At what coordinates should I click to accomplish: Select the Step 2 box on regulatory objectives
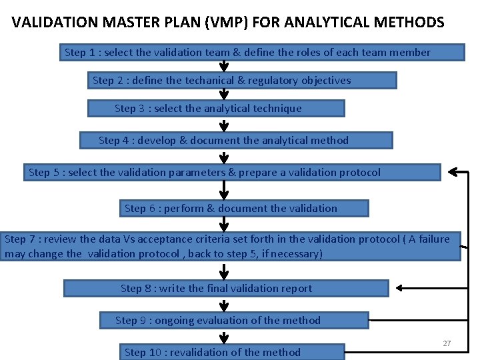tap(243, 81)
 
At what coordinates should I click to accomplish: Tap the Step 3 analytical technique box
tap(216, 109)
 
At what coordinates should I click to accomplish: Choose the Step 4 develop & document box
tap(236, 141)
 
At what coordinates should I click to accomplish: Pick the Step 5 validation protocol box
tap(232, 173)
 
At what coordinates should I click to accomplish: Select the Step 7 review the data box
tap(230, 247)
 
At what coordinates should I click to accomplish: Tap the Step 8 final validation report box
tap(225, 289)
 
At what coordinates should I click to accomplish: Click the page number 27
tap(447, 343)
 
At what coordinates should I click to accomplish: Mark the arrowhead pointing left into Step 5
tap(454, 172)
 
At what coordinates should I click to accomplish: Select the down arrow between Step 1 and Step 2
tap(224, 67)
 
